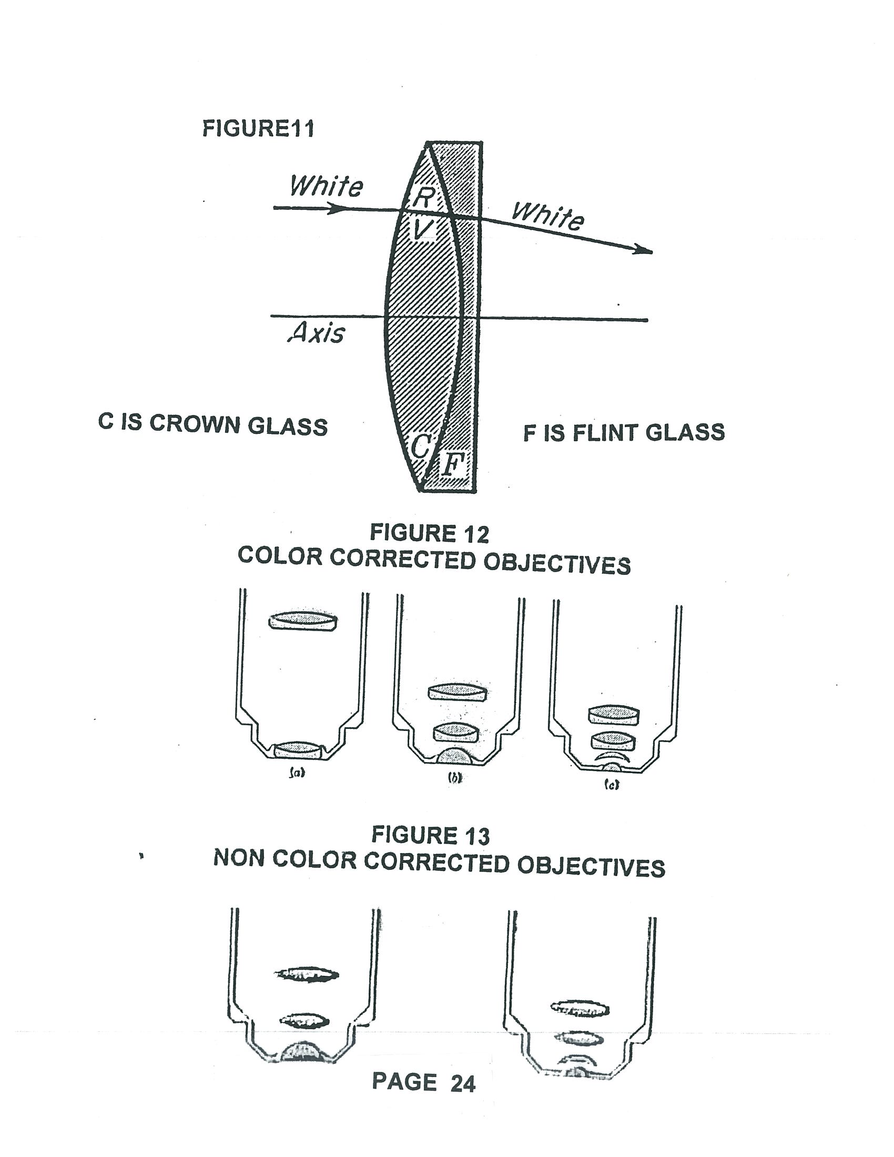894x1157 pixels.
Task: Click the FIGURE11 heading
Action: [x=258, y=129]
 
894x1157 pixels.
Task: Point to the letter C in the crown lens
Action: [x=421, y=445]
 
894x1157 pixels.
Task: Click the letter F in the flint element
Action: [x=452, y=465]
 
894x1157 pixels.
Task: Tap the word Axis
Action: [x=316, y=333]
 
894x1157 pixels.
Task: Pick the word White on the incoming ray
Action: [x=326, y=186]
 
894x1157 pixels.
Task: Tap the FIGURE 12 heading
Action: [x=429, y=533]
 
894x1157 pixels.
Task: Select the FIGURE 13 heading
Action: [x=430, y=836]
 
